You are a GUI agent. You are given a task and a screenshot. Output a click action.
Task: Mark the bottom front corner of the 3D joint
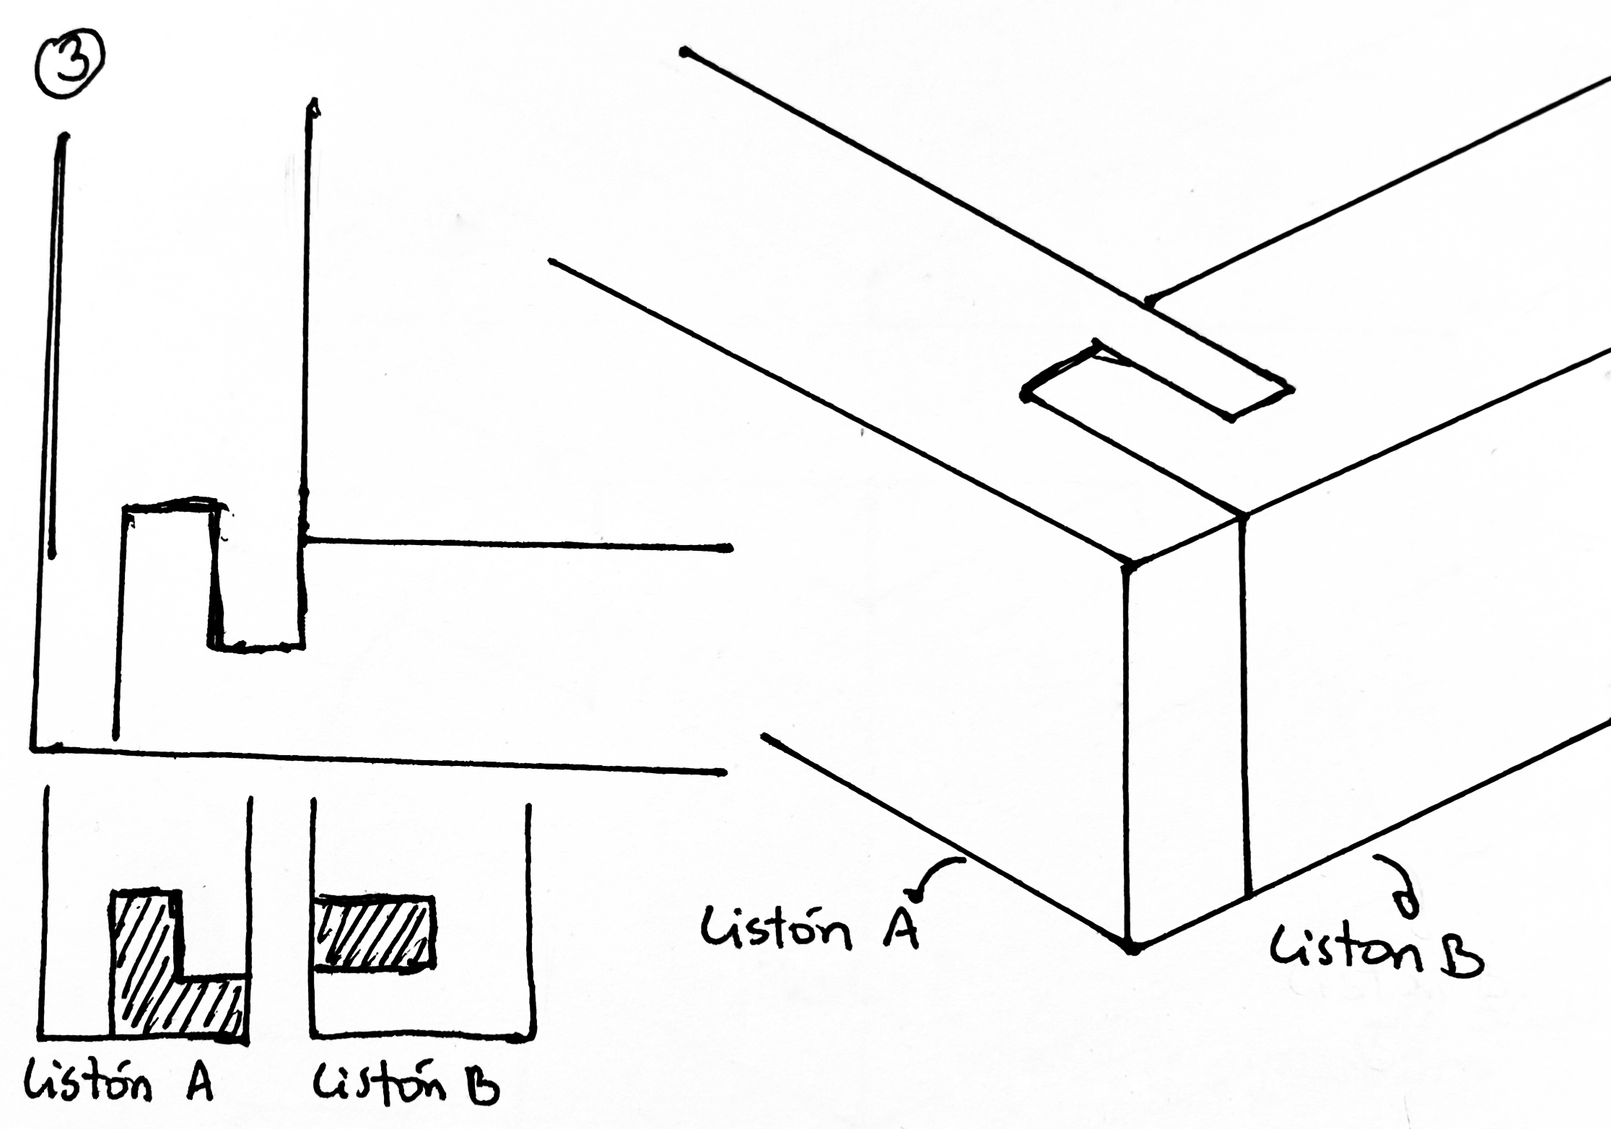(x=1131, y=947)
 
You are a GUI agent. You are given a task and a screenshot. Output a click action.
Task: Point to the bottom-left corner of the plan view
(x=34, y=748)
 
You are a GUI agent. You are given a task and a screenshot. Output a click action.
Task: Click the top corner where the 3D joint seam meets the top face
(x=1243, y=515)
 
